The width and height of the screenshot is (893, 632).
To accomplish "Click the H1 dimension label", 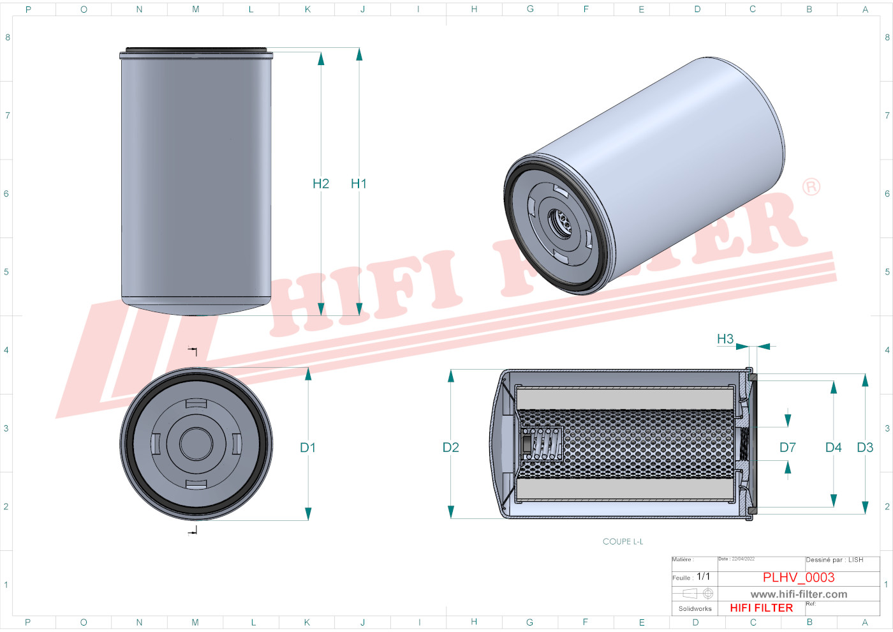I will click(358, 184).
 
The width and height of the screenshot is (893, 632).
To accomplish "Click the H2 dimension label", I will click(321, 184).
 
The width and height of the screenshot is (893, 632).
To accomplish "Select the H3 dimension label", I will click(725, 339).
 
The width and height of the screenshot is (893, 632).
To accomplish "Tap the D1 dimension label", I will click(308, 448).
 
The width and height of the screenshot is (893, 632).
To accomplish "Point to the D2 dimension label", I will click(451, 448).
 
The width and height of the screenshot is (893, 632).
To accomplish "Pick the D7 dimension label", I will click(788, 448).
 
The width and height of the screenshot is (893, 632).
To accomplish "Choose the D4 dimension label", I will click(834, 448).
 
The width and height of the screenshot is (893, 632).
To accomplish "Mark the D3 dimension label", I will click(866, 448).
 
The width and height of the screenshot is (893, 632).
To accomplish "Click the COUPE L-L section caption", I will click(623, 541).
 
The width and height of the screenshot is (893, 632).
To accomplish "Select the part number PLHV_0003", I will click(799, 577).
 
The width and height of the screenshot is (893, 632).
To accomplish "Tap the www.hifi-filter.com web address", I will click(799, 594).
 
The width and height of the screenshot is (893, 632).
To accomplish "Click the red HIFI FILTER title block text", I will click(762, 608).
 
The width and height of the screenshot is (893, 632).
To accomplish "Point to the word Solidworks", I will click(695, 609).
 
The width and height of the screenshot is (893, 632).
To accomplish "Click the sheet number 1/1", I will click(703, 576).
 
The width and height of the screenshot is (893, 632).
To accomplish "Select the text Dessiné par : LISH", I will click(834, 560).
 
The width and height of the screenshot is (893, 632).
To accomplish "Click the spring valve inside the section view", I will click(542, 443).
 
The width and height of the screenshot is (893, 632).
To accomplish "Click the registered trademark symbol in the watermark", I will click(811, 187).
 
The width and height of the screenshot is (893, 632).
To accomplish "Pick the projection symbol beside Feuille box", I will click(698, 594).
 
